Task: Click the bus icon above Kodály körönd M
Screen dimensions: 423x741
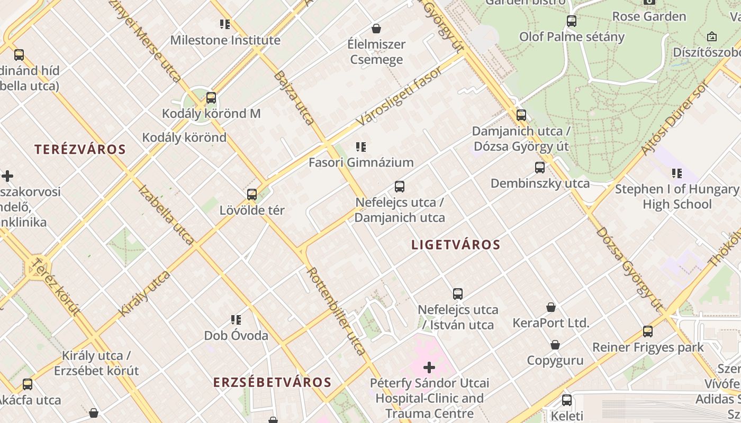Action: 211,98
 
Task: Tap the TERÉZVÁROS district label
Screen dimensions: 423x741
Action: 80,149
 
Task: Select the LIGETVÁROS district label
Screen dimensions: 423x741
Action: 456,245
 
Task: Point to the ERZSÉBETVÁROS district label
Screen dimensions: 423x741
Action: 272,382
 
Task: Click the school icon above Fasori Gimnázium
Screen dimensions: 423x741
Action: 361,147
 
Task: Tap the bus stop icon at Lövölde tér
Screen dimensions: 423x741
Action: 252,195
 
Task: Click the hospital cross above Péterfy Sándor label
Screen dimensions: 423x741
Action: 429,367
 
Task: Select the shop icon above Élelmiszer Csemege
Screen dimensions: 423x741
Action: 376,29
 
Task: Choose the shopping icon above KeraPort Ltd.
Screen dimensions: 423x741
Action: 551,307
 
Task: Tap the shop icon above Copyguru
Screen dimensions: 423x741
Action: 555,345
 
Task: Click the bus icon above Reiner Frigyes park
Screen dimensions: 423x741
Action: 648,332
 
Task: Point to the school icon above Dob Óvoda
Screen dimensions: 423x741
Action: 236,320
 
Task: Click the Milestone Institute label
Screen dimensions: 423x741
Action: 225,40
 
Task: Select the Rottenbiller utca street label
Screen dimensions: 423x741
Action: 336,311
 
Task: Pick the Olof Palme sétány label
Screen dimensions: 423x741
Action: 572,37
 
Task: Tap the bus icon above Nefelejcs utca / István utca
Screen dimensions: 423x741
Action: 458,294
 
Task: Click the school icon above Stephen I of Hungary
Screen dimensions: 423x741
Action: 676,173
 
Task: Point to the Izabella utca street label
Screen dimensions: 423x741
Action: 166,215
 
